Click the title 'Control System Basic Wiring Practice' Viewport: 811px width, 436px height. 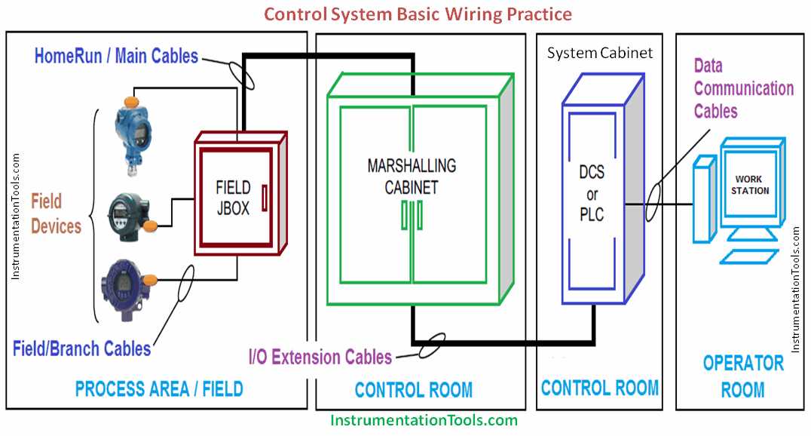tap(418, 14)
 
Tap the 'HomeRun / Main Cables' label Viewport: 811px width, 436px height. tap(116, 56)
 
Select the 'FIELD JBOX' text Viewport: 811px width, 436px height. tap(233, 198)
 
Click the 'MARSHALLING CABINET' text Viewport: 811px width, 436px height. tap(412, 176)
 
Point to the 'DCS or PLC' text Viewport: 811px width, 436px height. tap(592, 193)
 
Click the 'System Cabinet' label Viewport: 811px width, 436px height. tap(600, 53)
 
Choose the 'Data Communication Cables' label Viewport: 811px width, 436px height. tap(743, 88)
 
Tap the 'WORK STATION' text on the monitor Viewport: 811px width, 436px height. tap(749, 185)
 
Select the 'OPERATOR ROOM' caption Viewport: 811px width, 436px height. tap(743, 376)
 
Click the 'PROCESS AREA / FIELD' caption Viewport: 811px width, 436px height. tap(159, 389)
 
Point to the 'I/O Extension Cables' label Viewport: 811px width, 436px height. tap(320, 357)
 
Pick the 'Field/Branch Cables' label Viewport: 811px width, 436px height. tap(81, 348)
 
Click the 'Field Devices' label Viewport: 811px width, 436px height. tap(56, 213)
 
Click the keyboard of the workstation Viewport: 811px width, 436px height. tap(749, 256)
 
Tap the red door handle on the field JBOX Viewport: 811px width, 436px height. tap(265, 198)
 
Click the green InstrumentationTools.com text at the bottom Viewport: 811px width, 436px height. tap(424, 420)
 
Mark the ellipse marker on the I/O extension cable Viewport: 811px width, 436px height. tap(431, 345)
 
